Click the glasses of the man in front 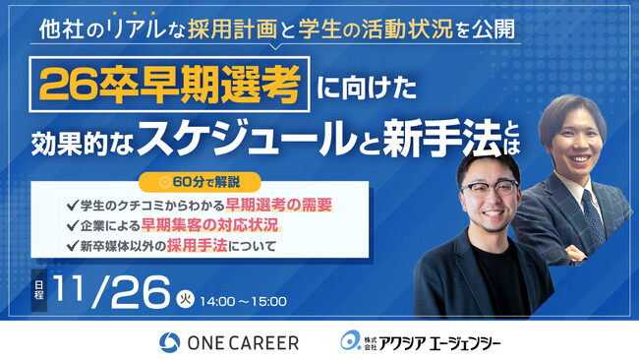(x=489, y=190)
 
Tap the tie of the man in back (x=592, y=209)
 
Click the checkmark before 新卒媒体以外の (x=71, y=246)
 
